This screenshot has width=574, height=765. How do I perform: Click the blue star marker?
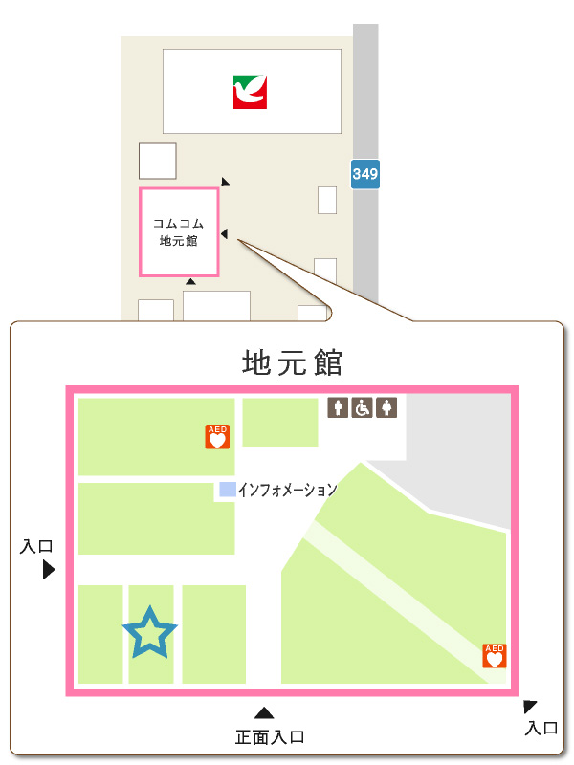(x=150, y=632)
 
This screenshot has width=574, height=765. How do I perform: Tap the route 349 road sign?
(x=365, y=174)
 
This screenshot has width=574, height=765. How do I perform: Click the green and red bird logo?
(x=251, y=92)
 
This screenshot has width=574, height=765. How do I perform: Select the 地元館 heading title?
(x=292, y=363)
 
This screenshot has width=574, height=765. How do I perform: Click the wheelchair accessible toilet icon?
(x=363, y=408)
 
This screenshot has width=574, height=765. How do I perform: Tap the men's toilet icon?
(x=338, y=408)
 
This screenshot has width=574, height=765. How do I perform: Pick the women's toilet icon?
(x=386, y=408)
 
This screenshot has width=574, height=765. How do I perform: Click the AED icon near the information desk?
(x=217, y=437)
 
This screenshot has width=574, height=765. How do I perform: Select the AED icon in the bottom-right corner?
(x=495, y=656)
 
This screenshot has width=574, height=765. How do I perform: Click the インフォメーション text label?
(x=287, y=490)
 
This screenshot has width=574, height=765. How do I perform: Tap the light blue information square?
(x=227, y=490)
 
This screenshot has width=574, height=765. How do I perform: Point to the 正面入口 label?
(x=270, y=737)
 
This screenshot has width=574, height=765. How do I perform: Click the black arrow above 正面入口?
(x=265, y=712)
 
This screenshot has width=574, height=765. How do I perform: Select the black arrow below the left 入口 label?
(x=48, y=570)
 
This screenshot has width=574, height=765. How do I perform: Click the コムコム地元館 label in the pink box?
(x=179, y=232)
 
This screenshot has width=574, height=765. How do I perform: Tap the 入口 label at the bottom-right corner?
(x=542, y=728)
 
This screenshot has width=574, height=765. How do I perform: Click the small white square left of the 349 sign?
(x=327, y=200)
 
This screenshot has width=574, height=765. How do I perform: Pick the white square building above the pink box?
(x=158, y=161)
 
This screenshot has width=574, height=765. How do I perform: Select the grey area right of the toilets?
(x=459, y=449)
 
